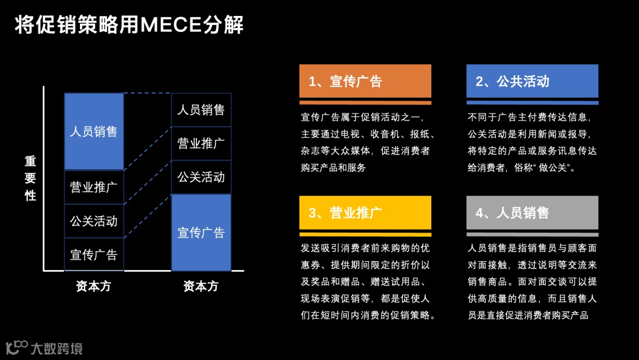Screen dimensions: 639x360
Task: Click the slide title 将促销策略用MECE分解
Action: tap(129, 25)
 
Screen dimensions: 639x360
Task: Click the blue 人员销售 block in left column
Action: tap(94, 131)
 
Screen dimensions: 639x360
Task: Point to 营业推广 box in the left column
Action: tap(94, 188)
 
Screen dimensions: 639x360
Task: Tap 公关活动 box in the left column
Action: tap(94, 221)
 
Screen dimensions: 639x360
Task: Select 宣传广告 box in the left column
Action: tap(94, 255)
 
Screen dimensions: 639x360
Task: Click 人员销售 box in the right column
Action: tap(201, 110)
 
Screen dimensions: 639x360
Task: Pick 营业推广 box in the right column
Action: tap(201, 143)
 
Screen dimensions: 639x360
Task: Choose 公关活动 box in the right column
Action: tap(201, 177)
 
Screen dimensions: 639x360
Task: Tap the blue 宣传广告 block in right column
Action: tap(201, 232)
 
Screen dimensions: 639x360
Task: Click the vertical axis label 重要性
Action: tap(30, 178)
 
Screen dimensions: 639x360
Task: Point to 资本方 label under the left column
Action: tap(93, 287)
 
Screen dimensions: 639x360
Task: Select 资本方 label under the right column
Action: tap(201, 287)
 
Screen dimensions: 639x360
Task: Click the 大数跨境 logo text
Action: tap(57, 348)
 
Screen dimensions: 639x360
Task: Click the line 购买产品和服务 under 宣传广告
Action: tap(334, 168)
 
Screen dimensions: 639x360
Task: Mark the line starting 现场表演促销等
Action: tap(365, 298)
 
